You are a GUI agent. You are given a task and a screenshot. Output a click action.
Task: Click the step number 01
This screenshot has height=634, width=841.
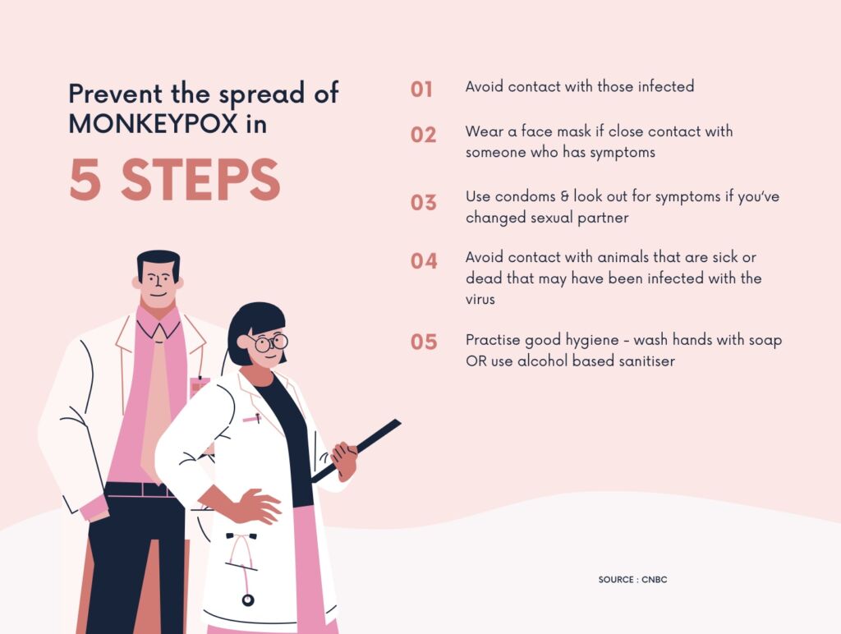(x=421, y=89)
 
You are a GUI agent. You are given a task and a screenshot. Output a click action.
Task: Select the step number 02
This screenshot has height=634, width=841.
(x=423, y=135)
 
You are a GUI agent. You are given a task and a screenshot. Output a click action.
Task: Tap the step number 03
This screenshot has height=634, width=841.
(x=423, y=203)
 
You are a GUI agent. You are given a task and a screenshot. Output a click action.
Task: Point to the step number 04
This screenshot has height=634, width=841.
(x=424, y=261)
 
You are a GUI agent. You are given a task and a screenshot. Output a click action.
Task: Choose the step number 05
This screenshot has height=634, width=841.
(x=424, y=342)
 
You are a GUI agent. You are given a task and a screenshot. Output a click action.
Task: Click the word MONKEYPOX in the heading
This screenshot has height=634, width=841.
(x=154, y=124)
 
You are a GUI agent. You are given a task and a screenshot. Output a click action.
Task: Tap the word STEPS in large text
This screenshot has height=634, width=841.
(x=200, y=180)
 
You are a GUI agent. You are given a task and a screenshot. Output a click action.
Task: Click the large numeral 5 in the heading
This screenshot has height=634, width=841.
(x=85, y=180)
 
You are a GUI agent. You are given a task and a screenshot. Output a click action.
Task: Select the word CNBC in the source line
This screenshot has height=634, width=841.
(x=655, y=579)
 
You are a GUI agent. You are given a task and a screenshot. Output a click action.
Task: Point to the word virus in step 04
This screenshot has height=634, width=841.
(x=480, y=299)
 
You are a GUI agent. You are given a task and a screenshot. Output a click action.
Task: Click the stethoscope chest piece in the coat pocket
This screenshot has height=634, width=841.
(x=248, y=600)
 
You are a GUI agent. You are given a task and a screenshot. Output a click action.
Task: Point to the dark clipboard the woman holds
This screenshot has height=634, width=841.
(x=356, y=451)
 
